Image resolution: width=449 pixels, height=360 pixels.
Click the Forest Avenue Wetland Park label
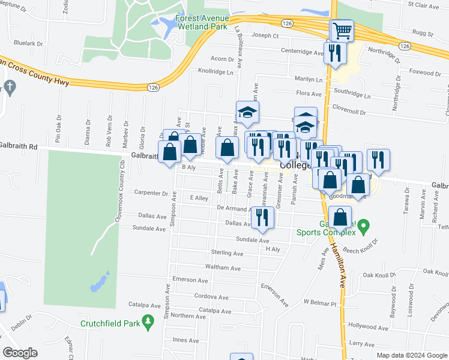[x=202, y=22]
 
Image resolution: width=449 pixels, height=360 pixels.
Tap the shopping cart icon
[x=342, y=30]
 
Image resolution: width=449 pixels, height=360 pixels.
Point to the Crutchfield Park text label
[x=111, y=324]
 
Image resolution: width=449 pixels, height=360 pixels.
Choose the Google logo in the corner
[x=20, y=352]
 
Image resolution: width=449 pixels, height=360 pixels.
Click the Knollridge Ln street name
[x=215, y=71]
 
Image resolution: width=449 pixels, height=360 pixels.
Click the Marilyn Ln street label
[x=308, y=79]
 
